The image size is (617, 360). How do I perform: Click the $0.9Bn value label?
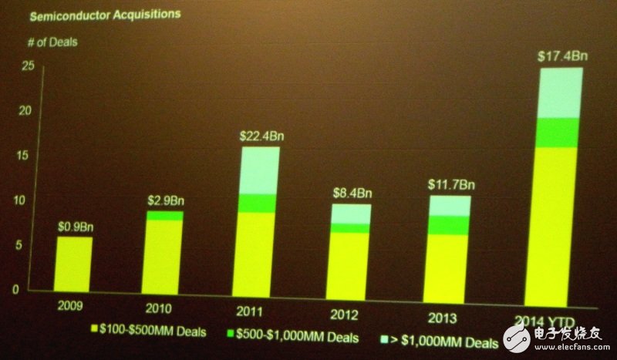[74, 227]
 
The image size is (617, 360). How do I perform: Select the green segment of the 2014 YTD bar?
[553, 133]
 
